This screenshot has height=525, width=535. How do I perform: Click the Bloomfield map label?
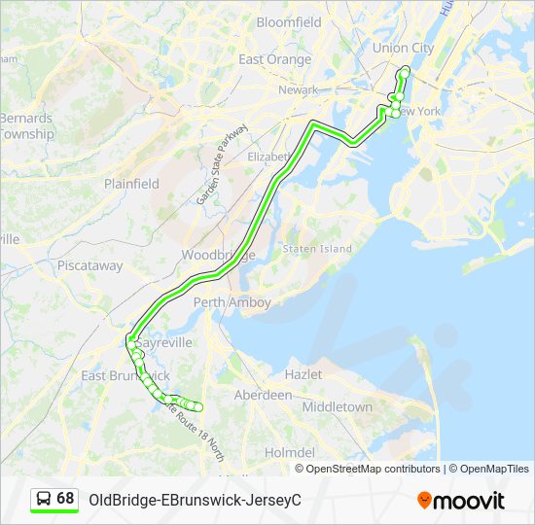(x=288, y=21)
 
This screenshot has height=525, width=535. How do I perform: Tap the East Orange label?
(x=275, y=59)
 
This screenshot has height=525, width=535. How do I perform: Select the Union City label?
(x=403, y=48)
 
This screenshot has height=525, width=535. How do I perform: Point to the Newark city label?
(x=298, y=89)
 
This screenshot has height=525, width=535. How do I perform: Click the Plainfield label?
(x=131, y=184)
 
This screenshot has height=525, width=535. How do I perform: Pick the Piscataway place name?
(x=89, y=264)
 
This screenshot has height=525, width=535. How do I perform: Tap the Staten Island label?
(x=317, y=249)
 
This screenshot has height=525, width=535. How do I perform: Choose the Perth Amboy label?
(x=232, y=302)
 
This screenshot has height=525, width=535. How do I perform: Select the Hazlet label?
(x=303, y=373)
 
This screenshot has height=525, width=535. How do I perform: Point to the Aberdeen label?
(x=263, y=395)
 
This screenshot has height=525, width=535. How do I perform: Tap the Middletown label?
(x=337, y=406)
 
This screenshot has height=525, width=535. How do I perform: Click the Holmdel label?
(x=290, y=452)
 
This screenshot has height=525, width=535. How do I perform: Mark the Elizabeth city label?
(x=268, y=157)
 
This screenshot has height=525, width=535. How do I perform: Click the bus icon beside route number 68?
(x=44, y=499)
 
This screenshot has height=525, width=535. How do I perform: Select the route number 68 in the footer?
(x=65, y=499)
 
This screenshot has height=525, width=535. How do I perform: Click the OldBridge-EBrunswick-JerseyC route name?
(x=195, y=500)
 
